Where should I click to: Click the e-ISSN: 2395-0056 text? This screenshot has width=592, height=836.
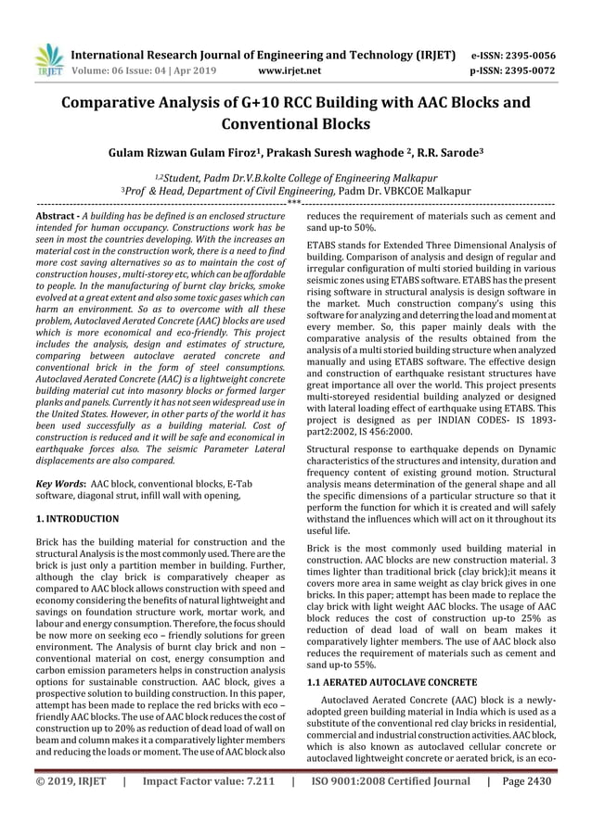pos(513,55)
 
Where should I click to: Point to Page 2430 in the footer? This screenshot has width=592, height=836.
pos(525,807)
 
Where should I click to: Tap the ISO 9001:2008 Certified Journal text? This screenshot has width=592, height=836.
pos(392,807)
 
